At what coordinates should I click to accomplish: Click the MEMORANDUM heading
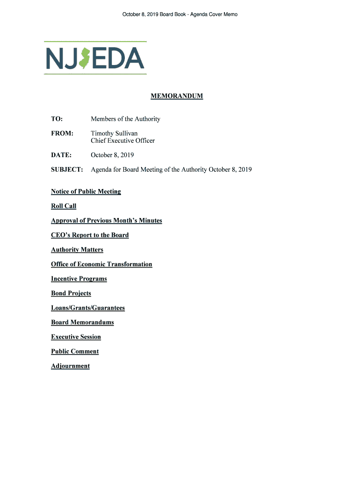click(x=176, y=96)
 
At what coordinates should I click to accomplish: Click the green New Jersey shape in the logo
click(x=84, y=58)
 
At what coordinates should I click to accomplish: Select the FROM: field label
click(x=62, y=133)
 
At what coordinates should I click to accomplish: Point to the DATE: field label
click(x=61, y=155)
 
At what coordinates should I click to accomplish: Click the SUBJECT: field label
click(x=67, y=169)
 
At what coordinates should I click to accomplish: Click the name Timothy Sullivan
click(x=114, y=133)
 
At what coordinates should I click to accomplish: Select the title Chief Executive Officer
click(x=122, y=140)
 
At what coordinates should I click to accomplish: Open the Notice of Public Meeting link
click(x=86, y=191)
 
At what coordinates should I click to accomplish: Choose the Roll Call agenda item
click(x=64, y=206)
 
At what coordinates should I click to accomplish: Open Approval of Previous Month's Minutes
click(x=106, y=220)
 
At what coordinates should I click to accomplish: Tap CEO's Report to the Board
click(x=90, y=235)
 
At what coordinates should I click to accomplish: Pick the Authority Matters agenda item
click(x=77, y=249)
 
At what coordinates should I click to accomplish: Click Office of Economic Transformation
click(x=101, y=264)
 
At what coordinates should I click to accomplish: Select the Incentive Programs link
click(x=79, y=278)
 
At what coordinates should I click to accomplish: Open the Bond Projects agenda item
click(x=71, y=293)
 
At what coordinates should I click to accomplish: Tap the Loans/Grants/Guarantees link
click(x=88, y=307)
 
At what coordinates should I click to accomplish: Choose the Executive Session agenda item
click(x=76, y=336)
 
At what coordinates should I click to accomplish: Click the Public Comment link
click(x=75, y=351)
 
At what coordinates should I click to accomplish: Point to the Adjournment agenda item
click(x=70, y=365)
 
